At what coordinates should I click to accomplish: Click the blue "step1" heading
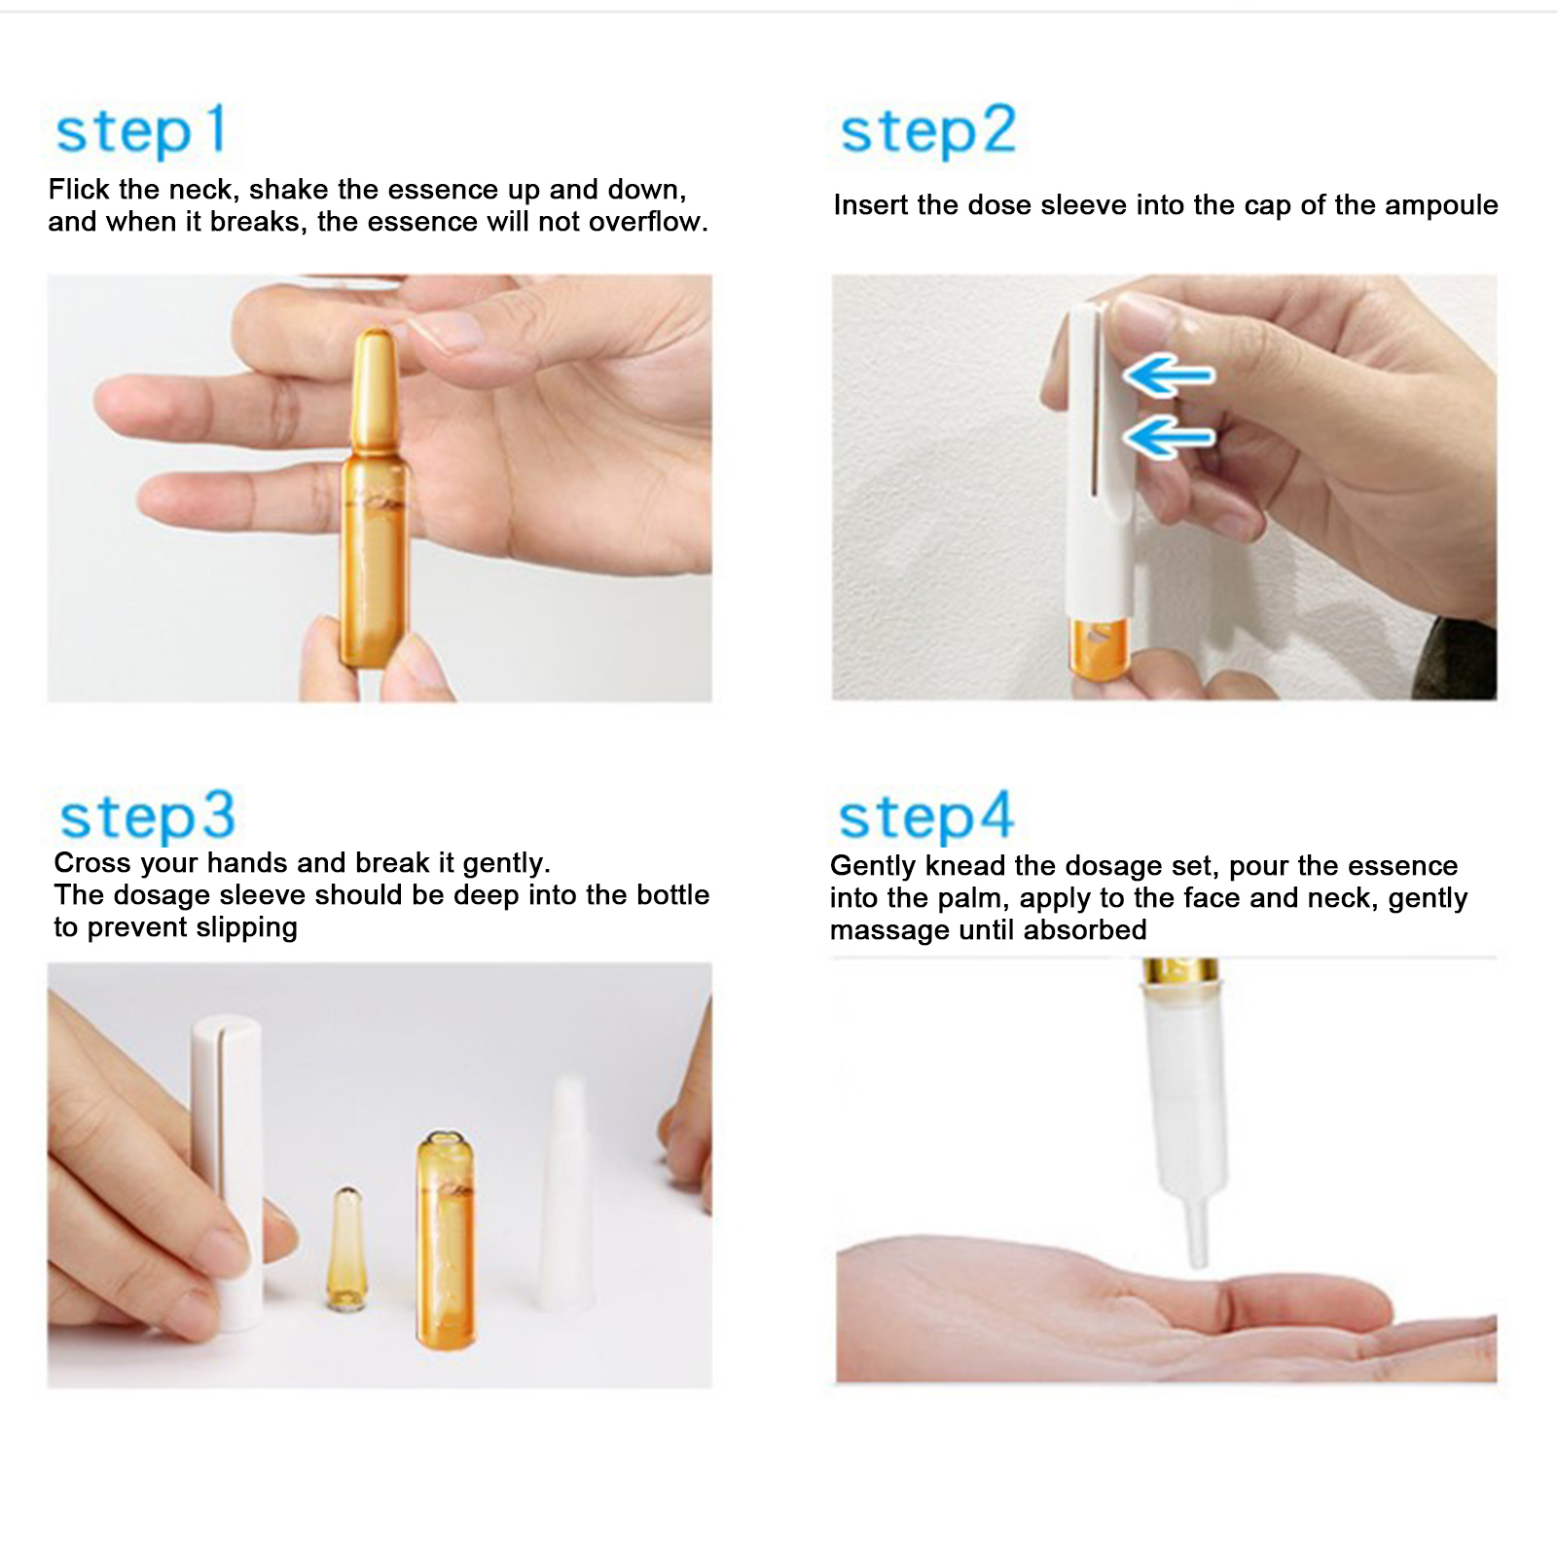141,131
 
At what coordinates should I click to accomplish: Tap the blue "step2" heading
928,131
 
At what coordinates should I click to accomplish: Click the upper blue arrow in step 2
1169,375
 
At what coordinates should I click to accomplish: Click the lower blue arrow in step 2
1169,435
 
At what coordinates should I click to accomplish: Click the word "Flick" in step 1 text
79,189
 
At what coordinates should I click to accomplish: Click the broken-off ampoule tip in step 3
347,1248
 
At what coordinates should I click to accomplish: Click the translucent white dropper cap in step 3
565,1193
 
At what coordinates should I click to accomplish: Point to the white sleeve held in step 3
228,1172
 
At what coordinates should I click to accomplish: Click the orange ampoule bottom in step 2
1099,649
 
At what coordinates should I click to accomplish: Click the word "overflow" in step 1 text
644,222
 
